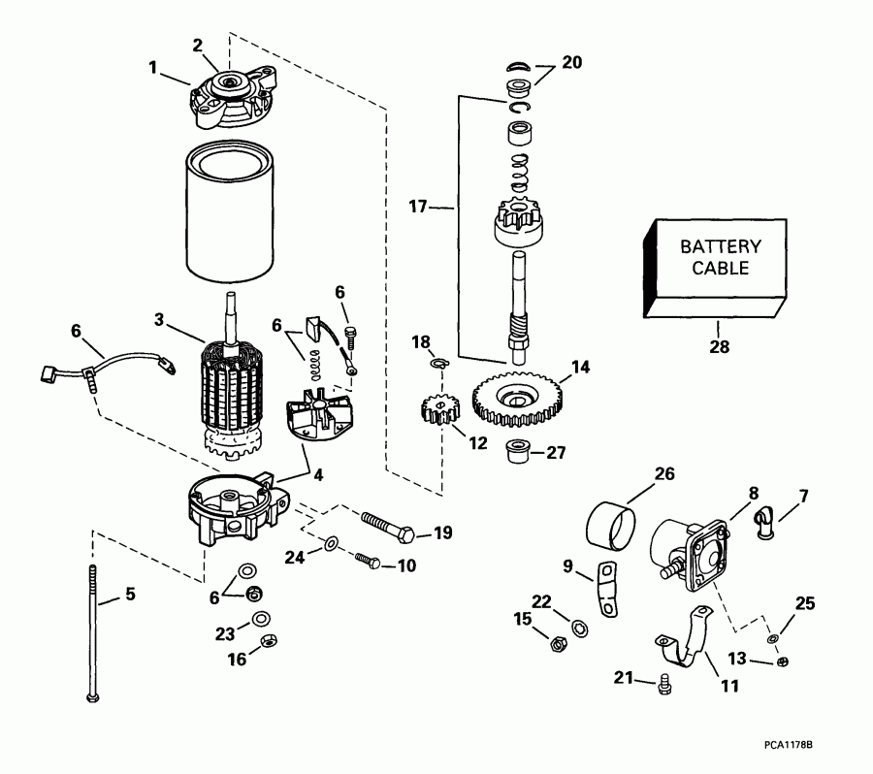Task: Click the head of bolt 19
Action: pyautogui.click(x=409, y=534)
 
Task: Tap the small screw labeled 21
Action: pyautogui.click(x=663, y=684)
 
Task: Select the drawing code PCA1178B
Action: pyautogui.click(x=787, y=745)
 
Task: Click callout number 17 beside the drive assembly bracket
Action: pyautogui.click(x=416, y=206)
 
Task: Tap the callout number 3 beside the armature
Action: pyautogui.click(x=160, y=319)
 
